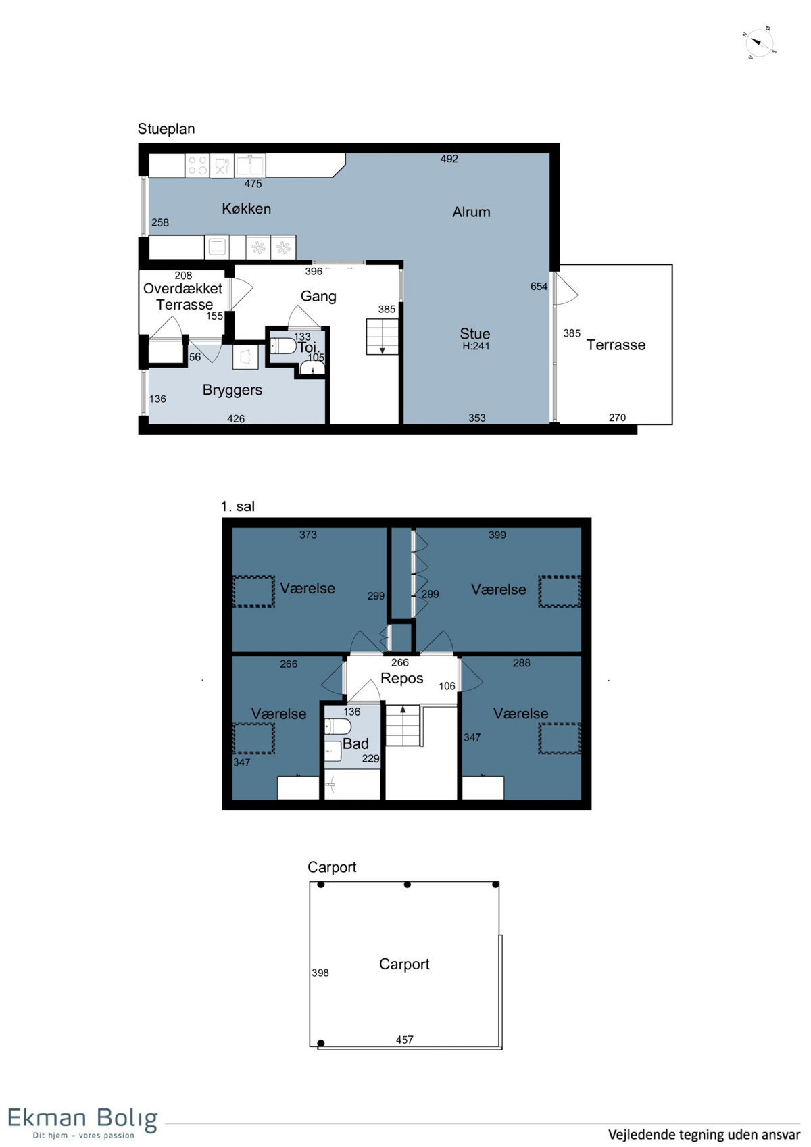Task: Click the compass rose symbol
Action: tap(759, 43)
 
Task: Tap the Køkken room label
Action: tap(246, 208)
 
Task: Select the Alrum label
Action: tap(471, 212)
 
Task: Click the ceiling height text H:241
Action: tap(476, 346)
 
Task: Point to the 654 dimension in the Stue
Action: tap(539, 287)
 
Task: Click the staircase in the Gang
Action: tap(382, 337)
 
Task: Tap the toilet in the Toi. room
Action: tap(283, 345)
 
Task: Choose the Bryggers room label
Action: tap(232, 390)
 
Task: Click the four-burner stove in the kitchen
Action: tap(197, 166)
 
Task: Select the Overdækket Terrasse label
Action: tap(183, 297)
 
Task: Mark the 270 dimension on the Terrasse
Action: tap(617, 418)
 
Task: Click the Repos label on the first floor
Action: tap(402, 679)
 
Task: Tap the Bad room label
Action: tap(355, 743)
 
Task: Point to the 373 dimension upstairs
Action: tap(308, 535)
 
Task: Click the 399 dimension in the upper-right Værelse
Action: tap(497, 535)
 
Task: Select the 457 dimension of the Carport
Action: tap(404, 1040)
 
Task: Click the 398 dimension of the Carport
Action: tap(320, 973)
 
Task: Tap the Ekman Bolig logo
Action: tap(82, 1122)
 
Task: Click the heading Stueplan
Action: tap(166, 129)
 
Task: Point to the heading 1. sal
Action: tap(238, 506)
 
